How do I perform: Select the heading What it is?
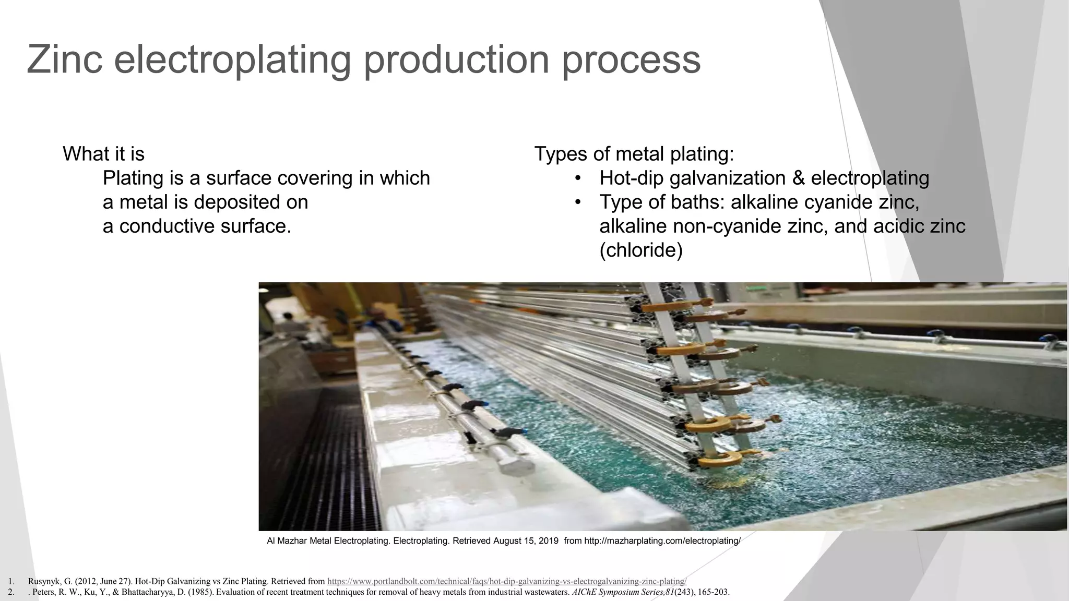(103, 154)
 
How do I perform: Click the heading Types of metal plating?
(634, 154)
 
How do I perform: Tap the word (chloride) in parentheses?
(641, 250)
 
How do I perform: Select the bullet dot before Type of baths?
(577, 202)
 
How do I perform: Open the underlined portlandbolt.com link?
(506, 581)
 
